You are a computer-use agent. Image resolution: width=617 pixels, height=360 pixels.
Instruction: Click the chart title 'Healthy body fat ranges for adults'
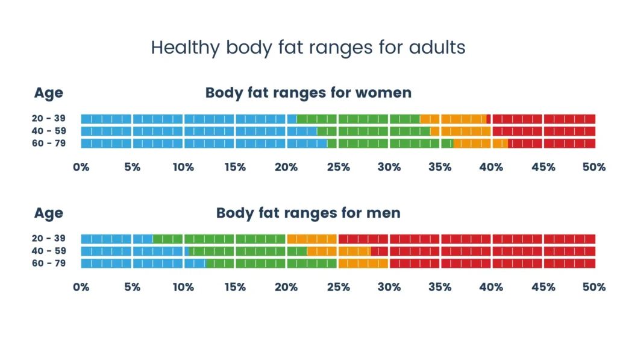(x=308, y=48)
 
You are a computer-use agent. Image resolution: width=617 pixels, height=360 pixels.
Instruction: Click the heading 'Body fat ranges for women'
(x=308, y=93)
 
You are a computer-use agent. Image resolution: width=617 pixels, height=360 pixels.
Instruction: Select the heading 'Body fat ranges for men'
(x=308, y=213)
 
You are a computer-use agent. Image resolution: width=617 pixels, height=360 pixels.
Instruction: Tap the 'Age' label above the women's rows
(x=48, y=93)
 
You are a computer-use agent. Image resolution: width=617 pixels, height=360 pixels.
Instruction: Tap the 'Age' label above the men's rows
(x=48, y=213)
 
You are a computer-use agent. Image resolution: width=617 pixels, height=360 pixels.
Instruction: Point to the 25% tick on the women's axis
(x=337, y=167)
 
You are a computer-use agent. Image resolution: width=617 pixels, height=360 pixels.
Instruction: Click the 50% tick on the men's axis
(x=594, y=287)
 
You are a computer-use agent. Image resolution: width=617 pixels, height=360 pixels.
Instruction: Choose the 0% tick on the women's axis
(x=81, y=167)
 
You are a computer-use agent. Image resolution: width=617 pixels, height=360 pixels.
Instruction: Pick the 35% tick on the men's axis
(x=440, y=287)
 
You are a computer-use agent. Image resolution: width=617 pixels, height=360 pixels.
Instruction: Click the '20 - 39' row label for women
(x=49, y=119)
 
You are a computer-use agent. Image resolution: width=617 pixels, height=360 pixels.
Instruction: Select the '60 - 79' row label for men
(x=49, y=264)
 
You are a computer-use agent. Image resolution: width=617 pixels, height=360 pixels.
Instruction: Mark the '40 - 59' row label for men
(x=49, y=251)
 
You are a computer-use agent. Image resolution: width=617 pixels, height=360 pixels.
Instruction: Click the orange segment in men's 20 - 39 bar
(x=312, y=239)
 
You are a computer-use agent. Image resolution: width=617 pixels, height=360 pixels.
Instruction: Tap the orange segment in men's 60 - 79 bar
(x=363, y=264)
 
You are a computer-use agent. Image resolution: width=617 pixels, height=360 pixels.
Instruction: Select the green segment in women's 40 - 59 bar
(x=374, y=131)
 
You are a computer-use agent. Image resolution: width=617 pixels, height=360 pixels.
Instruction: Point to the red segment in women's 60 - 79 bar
(x=551, y=144)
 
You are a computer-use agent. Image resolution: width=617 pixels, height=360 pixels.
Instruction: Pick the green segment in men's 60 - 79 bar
(x=271, y=264)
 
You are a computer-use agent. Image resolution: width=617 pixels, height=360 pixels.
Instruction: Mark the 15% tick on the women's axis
(x=235, y=167)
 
